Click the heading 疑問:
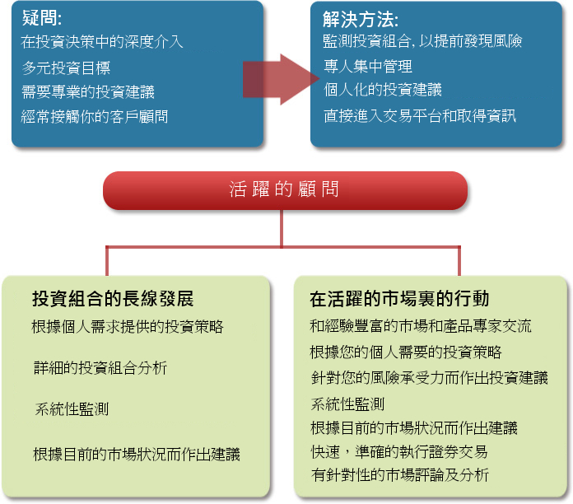(x=42, y=17)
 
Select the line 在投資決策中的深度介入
(x=102, y=42)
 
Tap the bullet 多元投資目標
(x=66, y=68)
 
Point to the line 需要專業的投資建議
(x=88, y=91)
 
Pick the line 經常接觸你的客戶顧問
(x=95, y=117)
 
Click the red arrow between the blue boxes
(x=281, y=79)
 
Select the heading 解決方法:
(x=361, y=19)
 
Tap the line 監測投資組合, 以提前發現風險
(x=422, y=41)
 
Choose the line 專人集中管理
(x=368, y=67)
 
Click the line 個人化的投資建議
(x=383, y=90)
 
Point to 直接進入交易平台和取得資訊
(x=420, y=116)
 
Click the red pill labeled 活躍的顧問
(x=285, y=190)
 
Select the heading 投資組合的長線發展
(x=113, y=299)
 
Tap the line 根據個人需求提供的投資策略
(x=128, y=326)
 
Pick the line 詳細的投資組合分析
(x=100, y=367)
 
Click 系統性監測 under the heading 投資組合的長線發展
(x=72, y=409)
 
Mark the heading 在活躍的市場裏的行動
(x=399, y=299)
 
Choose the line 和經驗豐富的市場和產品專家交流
(x=420, y=326)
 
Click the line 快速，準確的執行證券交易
(x=399, y=452)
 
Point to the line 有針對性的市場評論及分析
(x=400, y=475)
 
